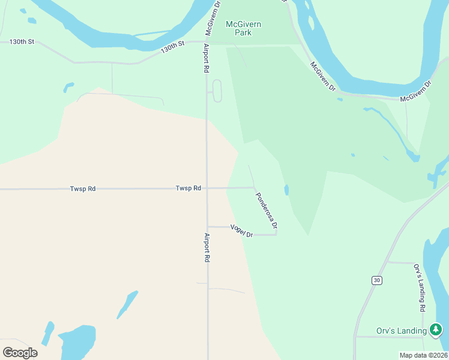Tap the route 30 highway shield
coord(376,280)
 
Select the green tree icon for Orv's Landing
coord(436,329)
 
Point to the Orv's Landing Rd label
coord(419,287)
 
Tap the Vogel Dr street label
coord(242,230)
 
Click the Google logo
coord(20,352)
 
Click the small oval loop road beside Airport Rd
coord(217,91)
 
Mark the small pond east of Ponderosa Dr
coord(286,190)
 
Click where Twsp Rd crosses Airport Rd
coord(207,188)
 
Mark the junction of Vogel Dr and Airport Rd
coord(208,226)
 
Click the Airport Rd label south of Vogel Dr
coord(207,247)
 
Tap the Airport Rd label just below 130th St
coord(206,58)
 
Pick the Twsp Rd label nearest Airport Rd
coord(188,188)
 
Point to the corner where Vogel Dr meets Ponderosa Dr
coord(277,234)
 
